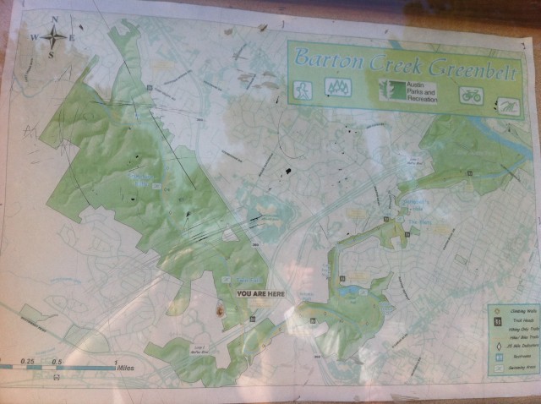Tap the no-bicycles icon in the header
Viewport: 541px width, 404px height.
click(471, 95)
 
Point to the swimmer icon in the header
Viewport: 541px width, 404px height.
click(507, 105)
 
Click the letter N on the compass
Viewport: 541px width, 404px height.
click(55, 19)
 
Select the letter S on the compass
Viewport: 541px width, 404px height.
click(51, 55)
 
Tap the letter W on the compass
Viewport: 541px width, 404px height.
click(35, 37)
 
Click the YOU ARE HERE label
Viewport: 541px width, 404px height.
click(260, 294)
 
